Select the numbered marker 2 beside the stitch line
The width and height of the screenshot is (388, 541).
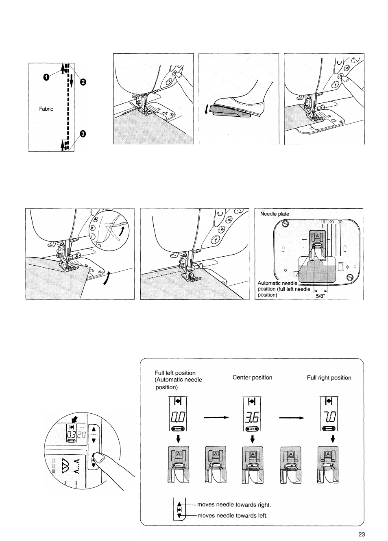pyautogui.click(x=83, y=82)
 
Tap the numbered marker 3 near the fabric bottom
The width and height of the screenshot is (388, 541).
pyautogui.click(x=83, y=134)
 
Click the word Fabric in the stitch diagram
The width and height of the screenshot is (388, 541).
pyautogui.click(x=46, y=109)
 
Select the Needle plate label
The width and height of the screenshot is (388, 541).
pyautogui.click(x=275, y=214)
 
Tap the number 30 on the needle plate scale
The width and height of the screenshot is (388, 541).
pyautogui.click(x=340, y=222)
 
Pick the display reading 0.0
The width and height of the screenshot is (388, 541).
pyautogui.click(x=177, y=417)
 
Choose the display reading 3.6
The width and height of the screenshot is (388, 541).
pyautogui.click(x=252, y=417)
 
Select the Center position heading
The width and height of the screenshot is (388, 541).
pyautogui.click(x=252, y=377)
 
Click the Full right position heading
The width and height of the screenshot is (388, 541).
pyautogui.click(x=329, y=378)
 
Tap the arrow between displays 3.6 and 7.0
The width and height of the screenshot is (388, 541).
pyautogui.click(x=291, y=417)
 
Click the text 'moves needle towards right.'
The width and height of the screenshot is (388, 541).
pyautogui.click(x=234, y=505)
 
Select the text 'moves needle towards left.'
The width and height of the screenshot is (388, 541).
pyautogui.click(x=232, y=516)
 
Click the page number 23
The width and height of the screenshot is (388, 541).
pyautogui.click(x=362, y=535)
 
